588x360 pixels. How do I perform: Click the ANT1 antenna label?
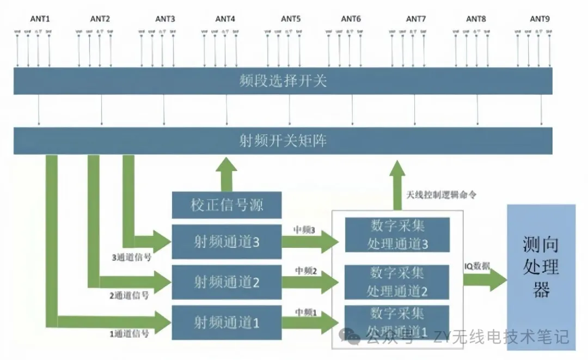[40, 19]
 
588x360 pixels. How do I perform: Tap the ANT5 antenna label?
[291, 19]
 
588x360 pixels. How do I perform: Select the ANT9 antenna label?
[540, 19]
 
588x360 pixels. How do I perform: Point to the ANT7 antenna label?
[416, 19]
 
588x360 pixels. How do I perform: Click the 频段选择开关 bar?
[283, 81]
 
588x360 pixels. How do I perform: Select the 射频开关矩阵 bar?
[283, 141]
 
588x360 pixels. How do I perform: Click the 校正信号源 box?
[227, 206]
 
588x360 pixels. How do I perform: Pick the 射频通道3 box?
[227, 242]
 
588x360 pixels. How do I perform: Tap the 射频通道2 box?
[227, 282]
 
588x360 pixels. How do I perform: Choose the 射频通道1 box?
[227, 322]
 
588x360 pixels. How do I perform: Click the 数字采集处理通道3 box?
[397, 235]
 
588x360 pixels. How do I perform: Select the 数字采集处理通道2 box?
[397, 281]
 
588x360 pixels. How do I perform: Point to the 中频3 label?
[305, 230]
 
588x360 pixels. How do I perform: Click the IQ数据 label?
[477, 266]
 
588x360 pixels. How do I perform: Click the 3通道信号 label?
[130, 258]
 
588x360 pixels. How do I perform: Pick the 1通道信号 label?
[130, 334]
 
